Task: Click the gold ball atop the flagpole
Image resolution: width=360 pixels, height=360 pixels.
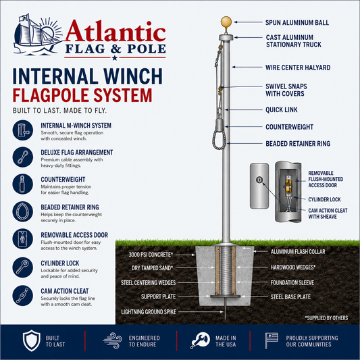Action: coord(226,22)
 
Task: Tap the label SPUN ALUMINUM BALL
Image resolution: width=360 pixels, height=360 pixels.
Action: coord(297,22)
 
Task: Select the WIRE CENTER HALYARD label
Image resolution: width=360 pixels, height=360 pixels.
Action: coord(298,68)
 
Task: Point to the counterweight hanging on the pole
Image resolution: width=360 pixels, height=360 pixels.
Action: coord(220,125)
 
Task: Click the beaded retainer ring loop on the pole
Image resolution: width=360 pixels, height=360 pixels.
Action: coord(213,140)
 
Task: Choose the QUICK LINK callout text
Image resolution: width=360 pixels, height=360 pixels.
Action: coord(282,109)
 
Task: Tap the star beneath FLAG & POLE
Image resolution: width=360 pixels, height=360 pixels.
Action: coord(115,57)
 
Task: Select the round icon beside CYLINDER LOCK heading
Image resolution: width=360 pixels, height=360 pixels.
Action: coord(23,267)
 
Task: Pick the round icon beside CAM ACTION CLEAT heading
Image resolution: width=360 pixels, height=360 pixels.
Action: coord(23,295)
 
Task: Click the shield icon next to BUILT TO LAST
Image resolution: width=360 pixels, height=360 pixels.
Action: coord(32,340)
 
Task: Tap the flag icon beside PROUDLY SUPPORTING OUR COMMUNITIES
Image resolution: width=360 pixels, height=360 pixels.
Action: coord(272,340)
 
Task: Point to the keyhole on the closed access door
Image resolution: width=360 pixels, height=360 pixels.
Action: coord(259,180)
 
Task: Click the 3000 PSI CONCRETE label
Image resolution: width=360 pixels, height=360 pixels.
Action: coord(151,255)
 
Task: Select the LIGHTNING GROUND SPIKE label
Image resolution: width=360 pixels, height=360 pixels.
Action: coord(149,312)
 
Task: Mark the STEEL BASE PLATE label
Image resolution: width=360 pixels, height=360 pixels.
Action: coord(290,297)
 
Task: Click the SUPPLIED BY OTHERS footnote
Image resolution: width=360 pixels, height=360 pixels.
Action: coord(326,318)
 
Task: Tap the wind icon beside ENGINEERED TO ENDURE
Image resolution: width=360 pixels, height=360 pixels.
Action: coord(113,340)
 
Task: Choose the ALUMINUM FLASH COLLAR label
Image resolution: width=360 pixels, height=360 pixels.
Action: coord(298,252)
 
